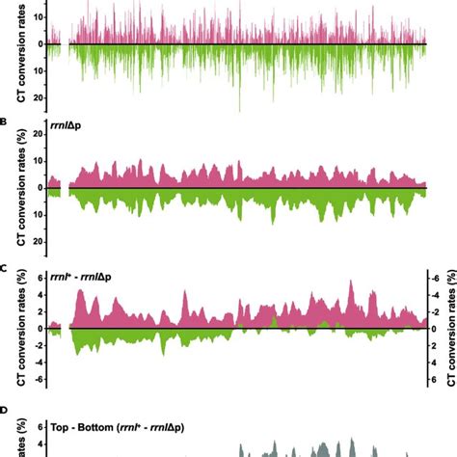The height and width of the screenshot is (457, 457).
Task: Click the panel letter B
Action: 5,123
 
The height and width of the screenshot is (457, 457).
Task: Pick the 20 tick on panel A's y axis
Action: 36,97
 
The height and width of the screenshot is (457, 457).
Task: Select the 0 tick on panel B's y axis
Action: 39,187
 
